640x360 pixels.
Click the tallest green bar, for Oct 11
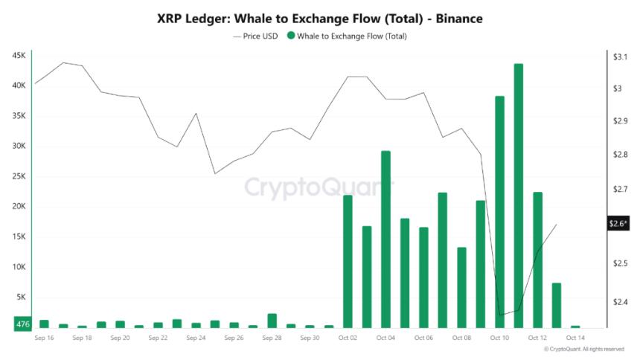pyautogui.click(x=518, y=196)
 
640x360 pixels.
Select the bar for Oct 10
pyautogui.click(x=499, y=212)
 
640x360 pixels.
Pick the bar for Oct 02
pyautogui.click(x=348, y=261)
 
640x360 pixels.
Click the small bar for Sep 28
pyautogui.click(x=272, y=321)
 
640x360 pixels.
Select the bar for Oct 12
pyautogui.click(x=537, y=260)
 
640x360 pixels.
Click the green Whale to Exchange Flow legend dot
pyautogui.click(x=290, y=36)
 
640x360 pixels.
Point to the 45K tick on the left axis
pyautogui.click(x=19, y=56)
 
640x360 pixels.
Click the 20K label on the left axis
pyautogui.click(x=19, y=207)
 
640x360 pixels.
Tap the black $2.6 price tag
pyautogui.click(x=618, y=223)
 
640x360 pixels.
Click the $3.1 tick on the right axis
pyautogui.click(x=618, y=57)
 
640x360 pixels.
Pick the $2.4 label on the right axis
pyautogui.click(x=618, y=302)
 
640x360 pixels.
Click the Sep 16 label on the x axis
pyautogui.click(x=44, y=338)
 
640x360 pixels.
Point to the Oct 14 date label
pyautogui.click(x=575, y=338)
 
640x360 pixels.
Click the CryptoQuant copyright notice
pyautogui.click(x=584, y=349)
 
